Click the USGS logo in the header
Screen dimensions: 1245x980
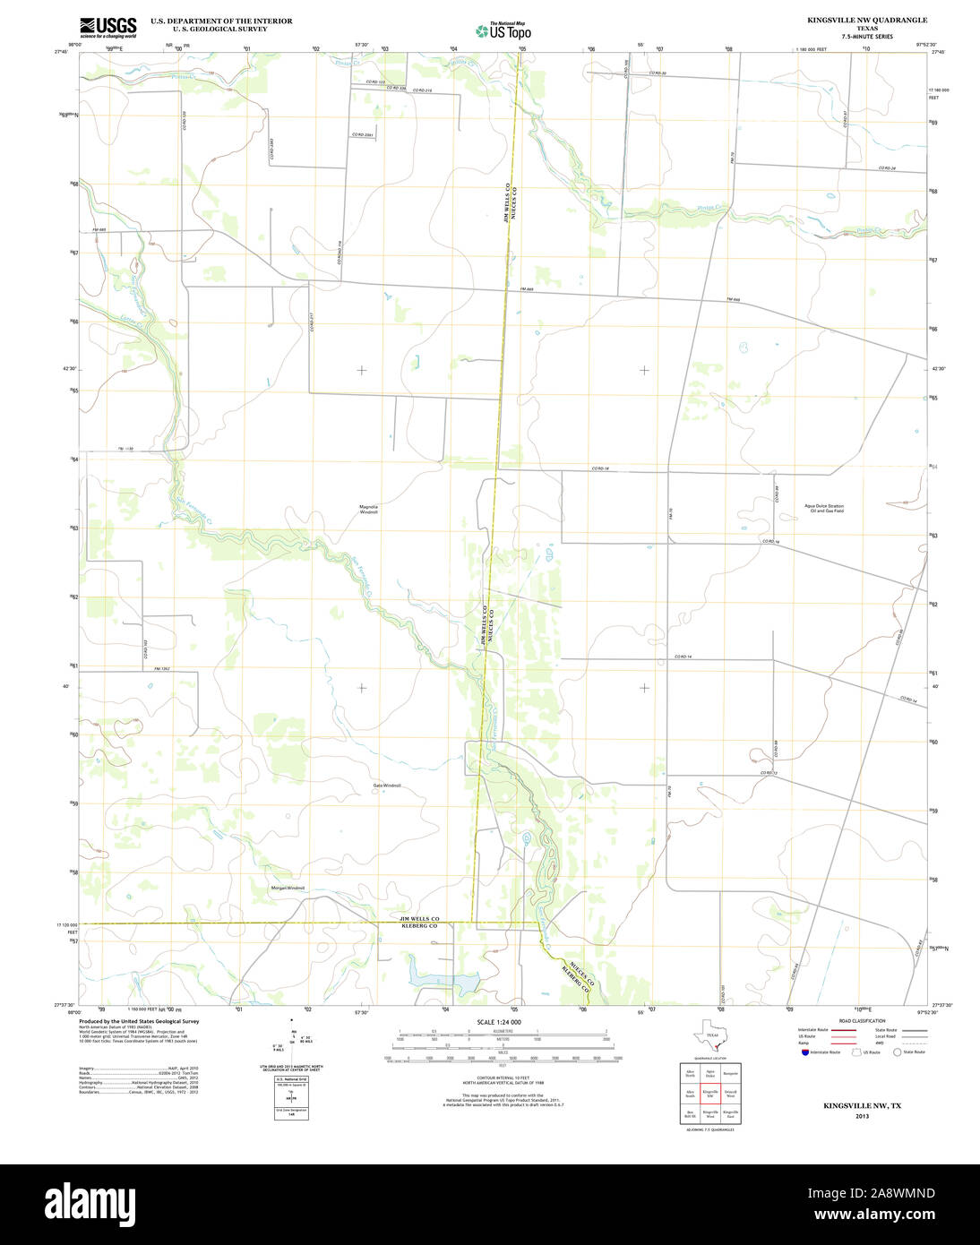click(x=107, y=27)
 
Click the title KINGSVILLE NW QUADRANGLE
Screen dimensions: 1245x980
click(x=855, y=20)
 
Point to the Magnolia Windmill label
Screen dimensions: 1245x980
click(x=369, y=509)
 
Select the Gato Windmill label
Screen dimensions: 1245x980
click(x=387, y=786)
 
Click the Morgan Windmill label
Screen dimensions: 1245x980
click(x=288, y=888)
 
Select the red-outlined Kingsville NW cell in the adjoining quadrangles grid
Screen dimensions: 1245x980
click(x=710, y=1094)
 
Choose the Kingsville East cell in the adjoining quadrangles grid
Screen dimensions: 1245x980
click(x=731, y=1114)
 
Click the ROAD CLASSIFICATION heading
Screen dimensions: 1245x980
click(x=861, y=1021)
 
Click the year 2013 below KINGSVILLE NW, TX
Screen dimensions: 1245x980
click(x=862, y=1116)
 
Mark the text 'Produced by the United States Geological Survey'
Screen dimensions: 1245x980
click(x=139, y=1021)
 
